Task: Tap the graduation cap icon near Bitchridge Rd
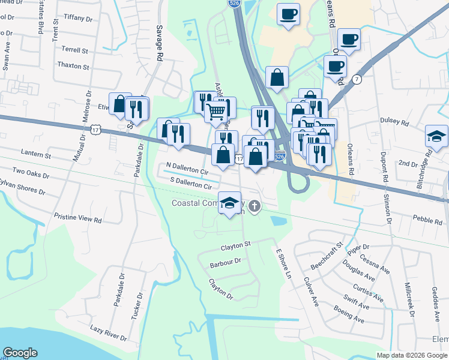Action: coord(436,137)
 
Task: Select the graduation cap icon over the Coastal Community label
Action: coord(229,203)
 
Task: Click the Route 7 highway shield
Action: coord(357,79)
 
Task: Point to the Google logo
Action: coord(20,353)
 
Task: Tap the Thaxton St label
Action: coord(73,67)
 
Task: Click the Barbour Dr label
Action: coord(225,262)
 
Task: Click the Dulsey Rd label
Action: coord(394,121)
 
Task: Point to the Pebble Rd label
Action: coord(427,220)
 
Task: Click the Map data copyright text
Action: coord(412,355)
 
